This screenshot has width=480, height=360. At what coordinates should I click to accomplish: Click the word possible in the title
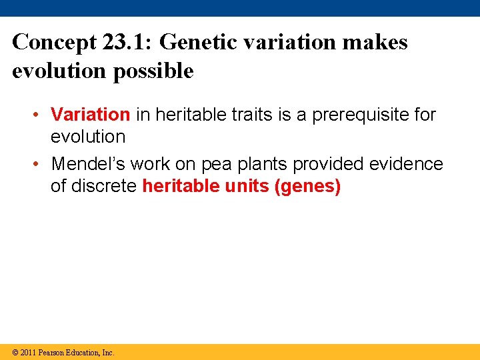click(x=153, y=71)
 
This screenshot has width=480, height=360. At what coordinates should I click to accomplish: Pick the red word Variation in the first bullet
click(x=90, y=115)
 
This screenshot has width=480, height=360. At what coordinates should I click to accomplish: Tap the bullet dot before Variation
click(x=41, y=115)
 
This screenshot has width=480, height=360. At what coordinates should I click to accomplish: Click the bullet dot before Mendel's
click(x=41, y=164)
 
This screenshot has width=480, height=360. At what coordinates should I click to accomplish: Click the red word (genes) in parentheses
click(x=307, y=186)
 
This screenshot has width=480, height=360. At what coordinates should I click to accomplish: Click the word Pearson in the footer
click(x=52, y=352)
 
